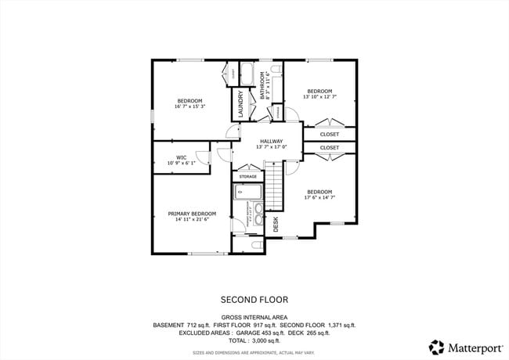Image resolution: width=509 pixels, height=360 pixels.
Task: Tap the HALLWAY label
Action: (272, 142)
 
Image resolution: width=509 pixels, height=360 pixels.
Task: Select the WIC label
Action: (181, 157)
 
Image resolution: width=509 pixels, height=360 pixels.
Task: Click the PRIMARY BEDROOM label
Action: (192, 214)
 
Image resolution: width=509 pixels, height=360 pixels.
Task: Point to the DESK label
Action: (276, 225)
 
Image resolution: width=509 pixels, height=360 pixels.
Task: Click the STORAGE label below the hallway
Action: (248, 177)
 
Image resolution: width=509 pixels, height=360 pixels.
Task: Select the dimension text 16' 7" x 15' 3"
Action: (190, 106)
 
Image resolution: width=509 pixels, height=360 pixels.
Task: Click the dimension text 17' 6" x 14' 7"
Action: (319, 198)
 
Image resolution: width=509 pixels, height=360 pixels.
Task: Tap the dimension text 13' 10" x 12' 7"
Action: (319, 97)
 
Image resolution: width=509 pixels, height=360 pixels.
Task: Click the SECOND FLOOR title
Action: (254, 299)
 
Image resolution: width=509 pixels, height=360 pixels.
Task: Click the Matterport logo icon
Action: (435, 346)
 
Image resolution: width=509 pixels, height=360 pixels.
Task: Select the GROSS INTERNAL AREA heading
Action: (254, 317)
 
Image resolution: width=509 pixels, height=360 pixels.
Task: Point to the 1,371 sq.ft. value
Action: (339, 325)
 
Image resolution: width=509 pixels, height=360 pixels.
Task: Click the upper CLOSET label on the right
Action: (330, 134)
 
